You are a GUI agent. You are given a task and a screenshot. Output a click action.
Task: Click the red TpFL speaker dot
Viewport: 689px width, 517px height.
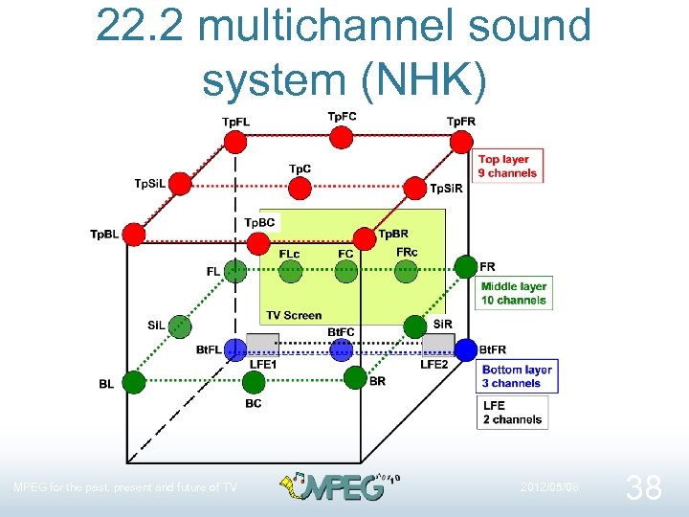click(x=234, y=142)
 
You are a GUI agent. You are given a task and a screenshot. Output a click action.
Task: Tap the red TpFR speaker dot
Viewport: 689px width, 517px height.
click(x=462, y=142)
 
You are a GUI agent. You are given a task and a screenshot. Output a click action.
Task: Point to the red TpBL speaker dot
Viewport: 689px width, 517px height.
click(x=135, y=234)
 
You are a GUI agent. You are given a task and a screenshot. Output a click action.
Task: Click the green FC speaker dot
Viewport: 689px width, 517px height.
click(x=346, y=272)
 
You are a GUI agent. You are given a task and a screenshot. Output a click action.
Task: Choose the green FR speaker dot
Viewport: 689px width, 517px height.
click(x=465, y=266)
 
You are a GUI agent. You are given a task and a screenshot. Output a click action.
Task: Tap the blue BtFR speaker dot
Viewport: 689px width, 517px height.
click(x=466, y=350)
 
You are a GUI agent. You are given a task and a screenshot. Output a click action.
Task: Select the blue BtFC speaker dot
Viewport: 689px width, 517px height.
click(x=342, y=349)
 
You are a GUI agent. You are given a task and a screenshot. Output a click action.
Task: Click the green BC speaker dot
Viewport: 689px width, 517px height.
click(x=254, y=383)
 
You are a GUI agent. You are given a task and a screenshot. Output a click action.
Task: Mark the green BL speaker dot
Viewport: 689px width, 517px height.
click(x=134, y=383)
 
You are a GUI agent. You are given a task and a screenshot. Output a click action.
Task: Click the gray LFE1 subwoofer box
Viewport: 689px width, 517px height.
click(x=262, y=344)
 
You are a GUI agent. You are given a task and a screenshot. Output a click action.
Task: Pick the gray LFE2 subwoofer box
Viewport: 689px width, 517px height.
click(x=438, y=344)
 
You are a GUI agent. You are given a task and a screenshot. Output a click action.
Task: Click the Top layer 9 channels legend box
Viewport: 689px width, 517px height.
click(x=507, y=167)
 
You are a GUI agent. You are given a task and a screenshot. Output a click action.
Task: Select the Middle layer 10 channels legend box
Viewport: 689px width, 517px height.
click(x=514, y=293)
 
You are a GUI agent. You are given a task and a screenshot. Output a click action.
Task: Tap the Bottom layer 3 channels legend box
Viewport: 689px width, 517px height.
click(x=516, y=376)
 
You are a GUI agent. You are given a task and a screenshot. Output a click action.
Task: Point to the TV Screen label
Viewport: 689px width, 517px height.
click(x=294, y=315)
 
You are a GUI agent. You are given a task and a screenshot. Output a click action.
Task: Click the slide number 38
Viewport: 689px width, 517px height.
click(x=642, y=488)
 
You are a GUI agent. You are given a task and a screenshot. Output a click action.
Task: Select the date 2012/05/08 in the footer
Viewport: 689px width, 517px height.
click(x=549, y=487)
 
